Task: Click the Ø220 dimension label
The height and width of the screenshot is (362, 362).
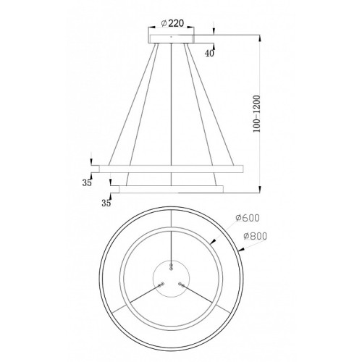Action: click(x=172, y=23)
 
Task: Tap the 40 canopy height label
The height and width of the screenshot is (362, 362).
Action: click(x=209, y=54)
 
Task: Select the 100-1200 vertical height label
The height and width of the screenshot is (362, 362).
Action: click(x=257, y=114)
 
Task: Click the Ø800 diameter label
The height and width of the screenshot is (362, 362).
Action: click(x=256, y=236)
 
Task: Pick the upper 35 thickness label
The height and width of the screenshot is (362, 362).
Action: click(x=87, y=182)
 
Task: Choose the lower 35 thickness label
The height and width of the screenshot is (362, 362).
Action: click(x=106, y=203)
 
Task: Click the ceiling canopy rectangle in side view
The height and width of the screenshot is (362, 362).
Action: click(x=172, y=39)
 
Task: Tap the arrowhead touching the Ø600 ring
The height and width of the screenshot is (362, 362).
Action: click(x=212, y=241)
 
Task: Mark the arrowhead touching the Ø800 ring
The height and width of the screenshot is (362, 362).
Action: click(x=241, y=251)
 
